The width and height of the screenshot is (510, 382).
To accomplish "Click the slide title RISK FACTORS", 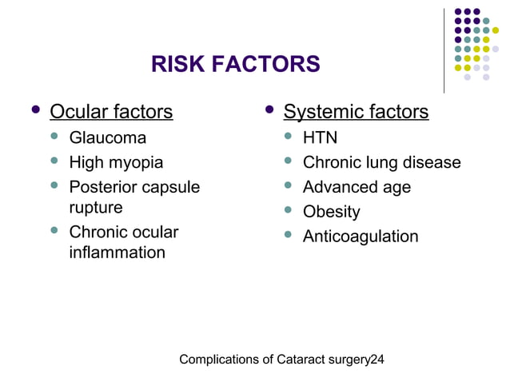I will click(235, 64).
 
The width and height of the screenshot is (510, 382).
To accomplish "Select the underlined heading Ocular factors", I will click(111, 112).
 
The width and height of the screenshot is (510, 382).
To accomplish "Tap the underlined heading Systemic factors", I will click(356, 112).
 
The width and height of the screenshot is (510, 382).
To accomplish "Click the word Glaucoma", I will click(108, 137).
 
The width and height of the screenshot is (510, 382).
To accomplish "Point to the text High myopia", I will click(116, 162).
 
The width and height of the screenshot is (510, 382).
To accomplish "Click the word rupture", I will click(96, 207).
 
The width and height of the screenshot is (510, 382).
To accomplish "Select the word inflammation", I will click(117, 253).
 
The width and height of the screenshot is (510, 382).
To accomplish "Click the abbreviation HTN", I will click(320, 137).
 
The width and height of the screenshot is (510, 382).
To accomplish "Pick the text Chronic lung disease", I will click(381, 162).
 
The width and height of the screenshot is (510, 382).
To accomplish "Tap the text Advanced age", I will click(357, 187).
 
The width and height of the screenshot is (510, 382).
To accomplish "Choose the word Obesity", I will click(331, 212).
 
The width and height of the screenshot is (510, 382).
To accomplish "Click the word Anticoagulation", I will click(360, 237).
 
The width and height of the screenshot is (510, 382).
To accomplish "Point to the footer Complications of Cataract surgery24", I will click(281, 360).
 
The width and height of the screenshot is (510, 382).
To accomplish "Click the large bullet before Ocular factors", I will click(34, 109).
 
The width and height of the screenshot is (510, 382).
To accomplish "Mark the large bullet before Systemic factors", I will click(269, 109).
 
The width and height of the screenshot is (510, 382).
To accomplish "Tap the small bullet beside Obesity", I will click(289, 211).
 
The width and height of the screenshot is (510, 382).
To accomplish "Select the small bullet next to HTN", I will click(289, 137).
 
